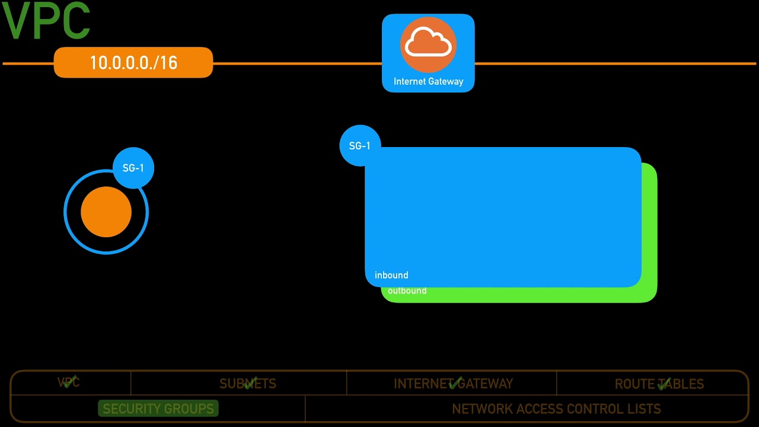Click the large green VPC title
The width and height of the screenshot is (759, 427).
[x=46, y=22]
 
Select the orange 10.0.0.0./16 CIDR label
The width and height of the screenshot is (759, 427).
[x=133, y=63]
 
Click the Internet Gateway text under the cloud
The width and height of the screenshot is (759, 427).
[x=428, y=81]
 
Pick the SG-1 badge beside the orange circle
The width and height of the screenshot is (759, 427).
[x=133, y=168]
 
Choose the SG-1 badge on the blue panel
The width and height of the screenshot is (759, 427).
[x=360, y=145]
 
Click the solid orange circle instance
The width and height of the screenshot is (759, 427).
[x=106, y=212]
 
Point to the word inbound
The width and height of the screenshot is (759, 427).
[x=391, y=275]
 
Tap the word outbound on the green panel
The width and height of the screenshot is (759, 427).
[x=407, y=291]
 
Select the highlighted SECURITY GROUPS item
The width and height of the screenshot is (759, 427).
[x=158, y=409]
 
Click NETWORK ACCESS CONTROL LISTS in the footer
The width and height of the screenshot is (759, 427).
[x=556, y=409]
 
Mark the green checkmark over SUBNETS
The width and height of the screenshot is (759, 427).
[x=250, y=383]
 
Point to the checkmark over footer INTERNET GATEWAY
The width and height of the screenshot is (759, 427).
[x=455, y=383]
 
